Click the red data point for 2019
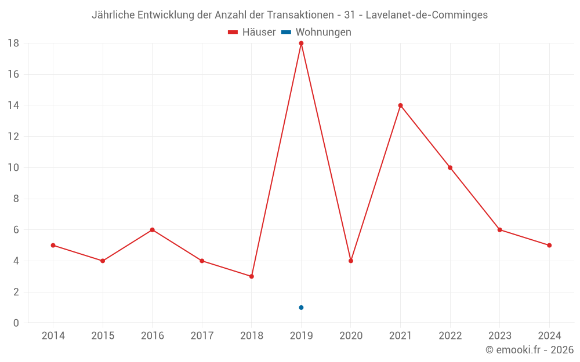pos(301,43)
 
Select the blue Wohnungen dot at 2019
pos(301,308)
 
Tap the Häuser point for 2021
pos(400,105)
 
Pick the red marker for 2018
pos(251,276)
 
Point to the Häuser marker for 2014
pos(53,245)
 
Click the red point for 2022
pos(450,167)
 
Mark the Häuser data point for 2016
pos(152,230)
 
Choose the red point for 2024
pos(549,245)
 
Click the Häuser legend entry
pos(252,32)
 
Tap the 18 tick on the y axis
pos(13,43)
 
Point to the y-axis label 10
pos(13,167)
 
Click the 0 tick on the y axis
pos(16,323)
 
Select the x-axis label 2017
pos(202,336)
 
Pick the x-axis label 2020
pos(351,336)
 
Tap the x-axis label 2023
pos(499,336)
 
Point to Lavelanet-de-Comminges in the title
pos(426,15)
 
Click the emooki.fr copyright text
pos(530,350)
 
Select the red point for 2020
pos(351,261)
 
